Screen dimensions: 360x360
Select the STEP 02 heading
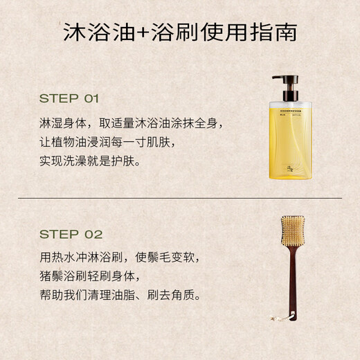71,234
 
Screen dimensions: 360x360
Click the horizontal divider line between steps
180,197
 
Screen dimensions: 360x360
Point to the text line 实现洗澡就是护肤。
90,161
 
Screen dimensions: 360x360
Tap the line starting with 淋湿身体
131,124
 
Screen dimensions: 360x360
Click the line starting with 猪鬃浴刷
105,276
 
